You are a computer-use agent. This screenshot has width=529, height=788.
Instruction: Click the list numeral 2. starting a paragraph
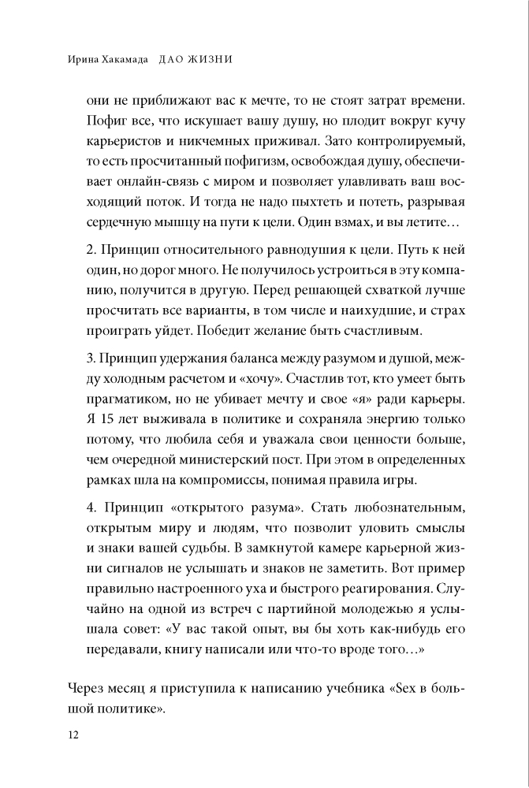pyautogui.click(x=89, y=247)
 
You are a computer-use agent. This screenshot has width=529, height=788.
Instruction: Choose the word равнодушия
pyautogui.click(x=281, y=247)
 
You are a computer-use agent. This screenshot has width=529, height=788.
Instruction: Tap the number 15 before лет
pyautogui.click(x=106, y=420)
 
